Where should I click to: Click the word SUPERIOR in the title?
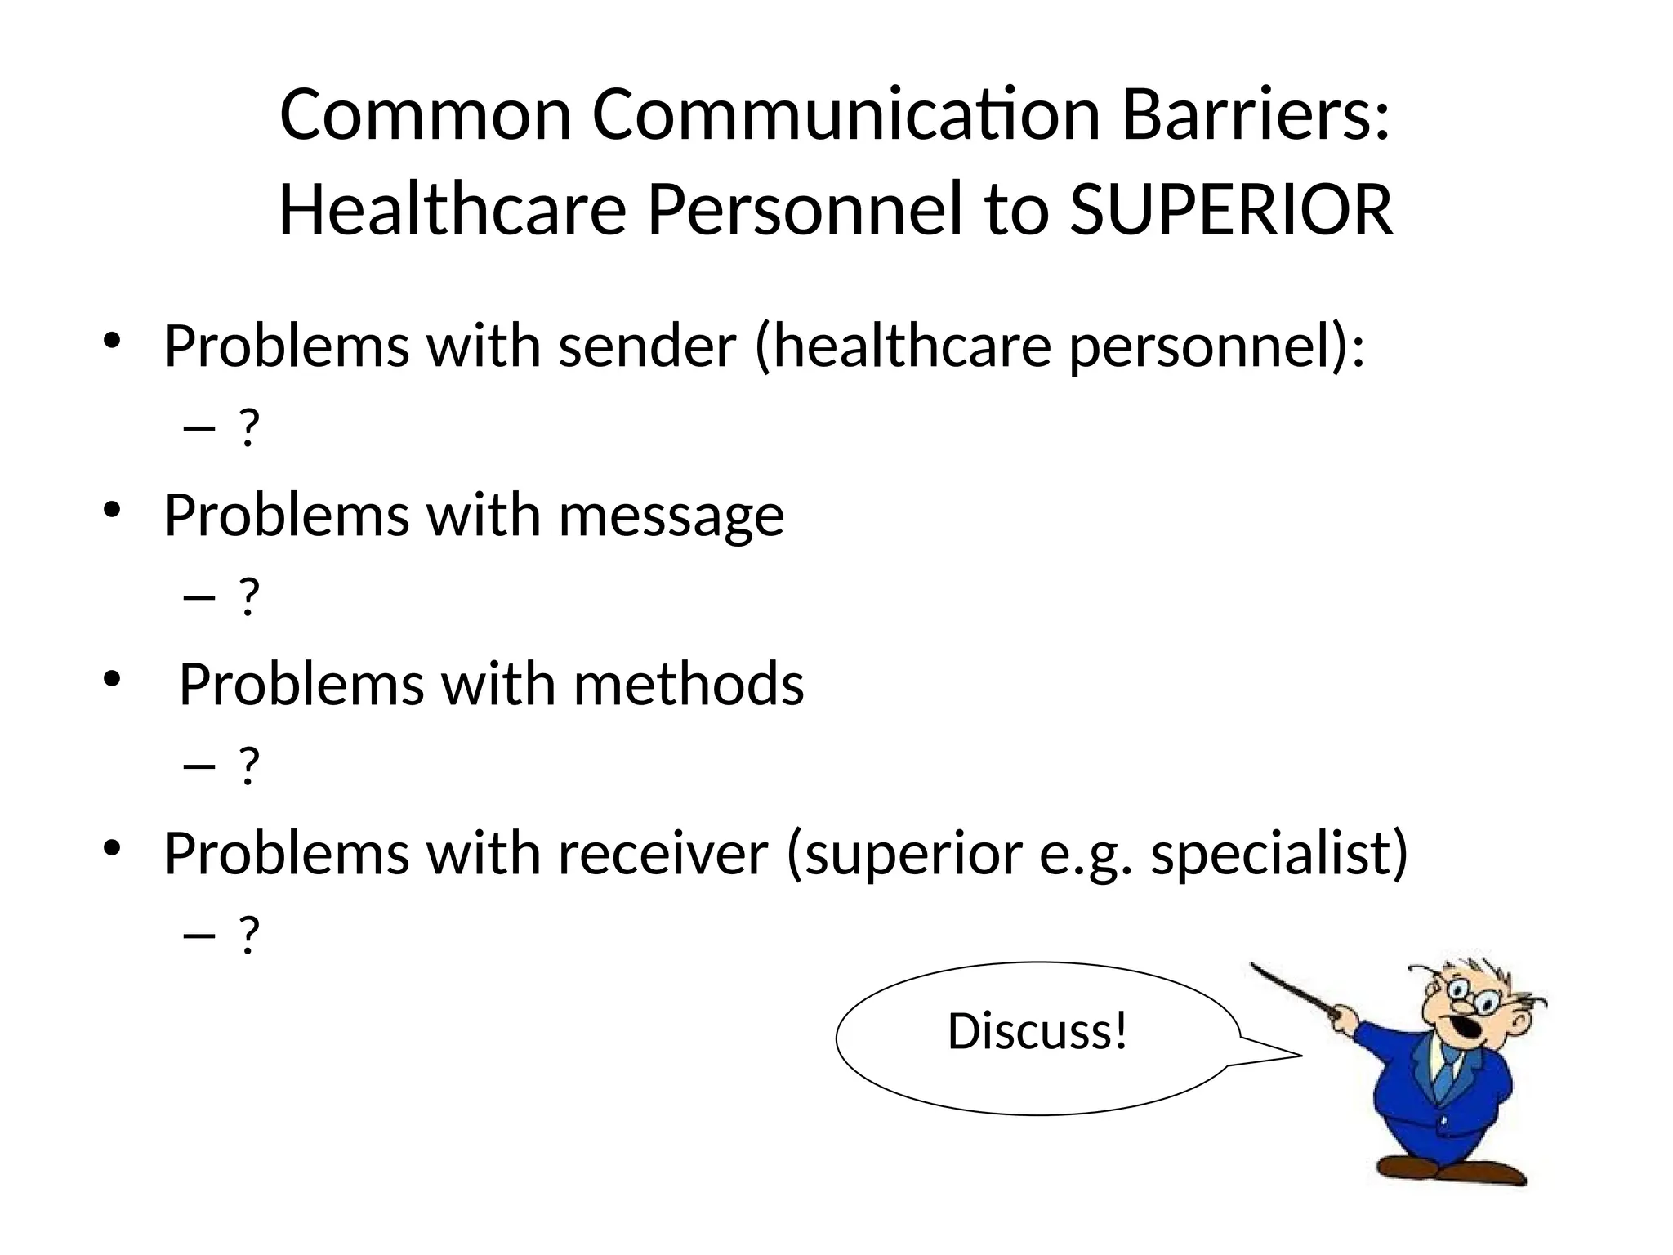coord(1231,210)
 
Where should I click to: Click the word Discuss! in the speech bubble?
coord(1037,1031)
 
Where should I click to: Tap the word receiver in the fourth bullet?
coord(663,853)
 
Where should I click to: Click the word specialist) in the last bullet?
coord(1279,853)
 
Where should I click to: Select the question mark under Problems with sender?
coord(248,427)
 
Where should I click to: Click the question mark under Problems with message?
coord(248,596)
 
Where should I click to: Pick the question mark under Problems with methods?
coord(248,766)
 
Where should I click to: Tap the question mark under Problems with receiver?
coord(248,935)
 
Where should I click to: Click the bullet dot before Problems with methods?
coord(112,679)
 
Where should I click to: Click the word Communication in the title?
coord(845,115)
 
